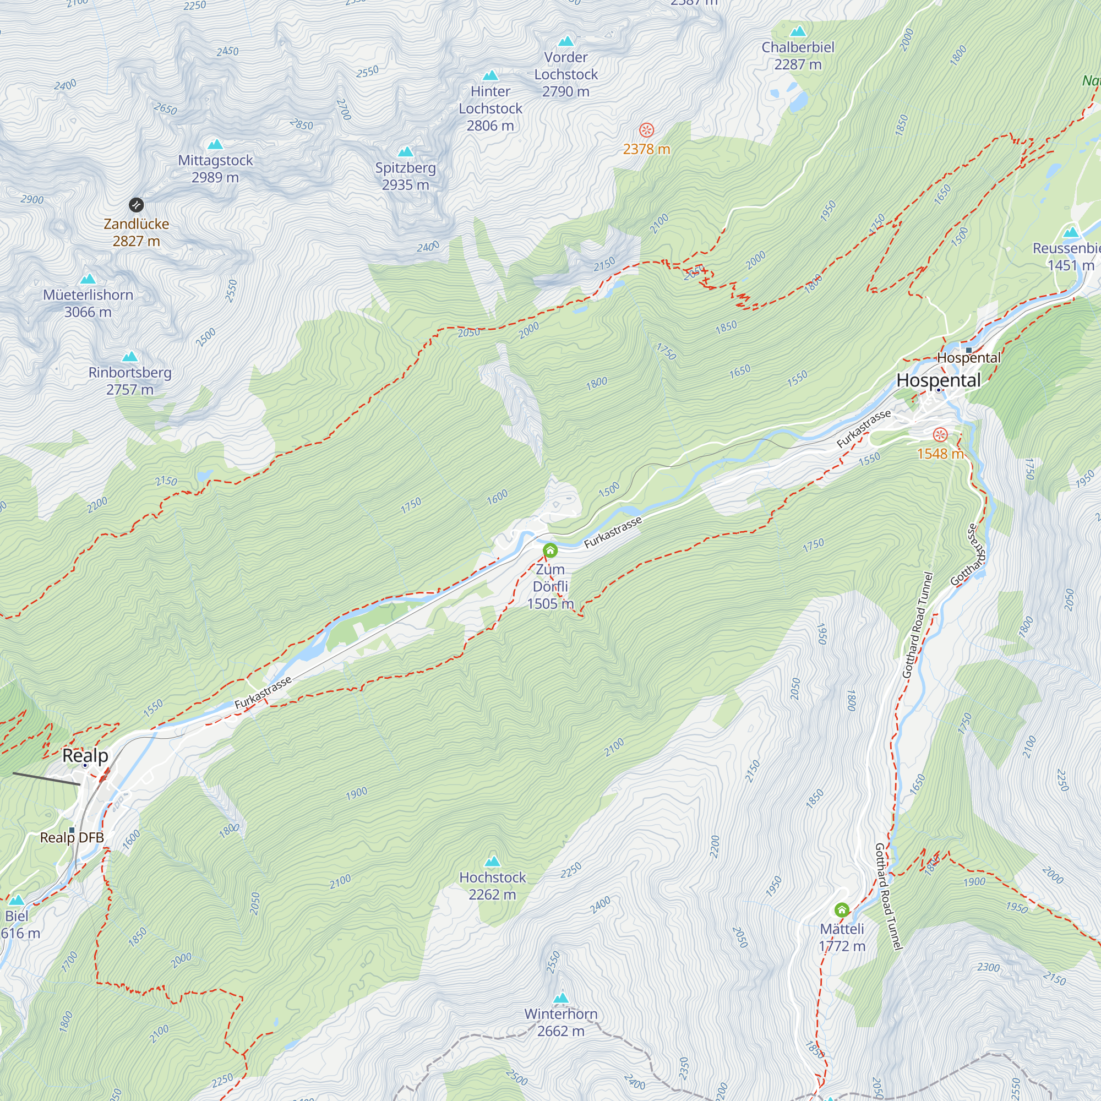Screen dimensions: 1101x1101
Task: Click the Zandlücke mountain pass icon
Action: click(136, 205)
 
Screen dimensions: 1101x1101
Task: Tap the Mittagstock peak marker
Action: click(215, 145)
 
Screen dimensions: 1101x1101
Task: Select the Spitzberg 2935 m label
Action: click(405, 176)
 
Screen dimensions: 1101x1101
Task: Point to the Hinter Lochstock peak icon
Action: click(490, 76)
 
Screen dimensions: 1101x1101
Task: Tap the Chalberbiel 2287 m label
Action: click(797, 55)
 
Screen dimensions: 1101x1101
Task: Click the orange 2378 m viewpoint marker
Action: click(646, 130)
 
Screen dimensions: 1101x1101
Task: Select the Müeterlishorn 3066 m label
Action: click(88, 303)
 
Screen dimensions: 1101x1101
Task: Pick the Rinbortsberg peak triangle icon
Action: click(130, 357)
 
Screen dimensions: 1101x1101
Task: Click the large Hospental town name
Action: click(938, 381)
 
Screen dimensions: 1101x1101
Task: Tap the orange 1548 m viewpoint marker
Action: click(940, 435)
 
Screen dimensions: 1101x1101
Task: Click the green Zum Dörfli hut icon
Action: click(550, 550)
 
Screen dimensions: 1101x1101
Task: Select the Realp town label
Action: click(85, 756)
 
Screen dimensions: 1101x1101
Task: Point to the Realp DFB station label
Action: click(72, 837)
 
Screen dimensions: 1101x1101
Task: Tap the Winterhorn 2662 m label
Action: click(561, 1022)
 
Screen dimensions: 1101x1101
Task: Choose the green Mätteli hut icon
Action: click(842, 910)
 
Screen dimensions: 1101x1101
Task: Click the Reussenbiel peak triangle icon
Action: click(1071, 232)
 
